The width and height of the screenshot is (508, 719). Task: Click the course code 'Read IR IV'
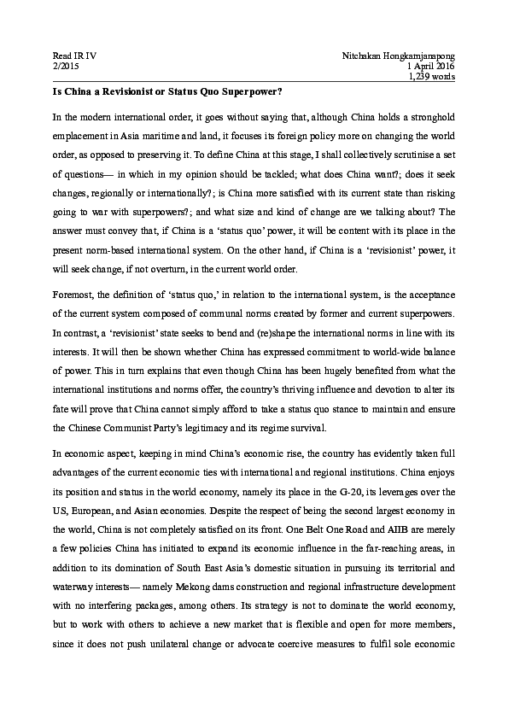pyautogui.click(x=74, y=56)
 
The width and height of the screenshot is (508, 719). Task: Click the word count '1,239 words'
pyautogui.click(x=433, y=76)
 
